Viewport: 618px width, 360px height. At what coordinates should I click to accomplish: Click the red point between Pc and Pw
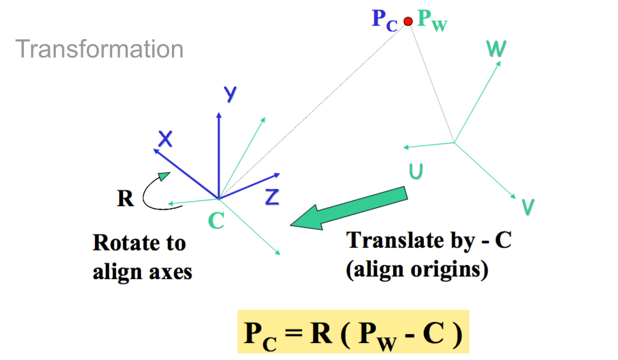[x=408, y=21]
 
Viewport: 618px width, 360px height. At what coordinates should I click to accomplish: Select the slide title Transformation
[x=99, y=49]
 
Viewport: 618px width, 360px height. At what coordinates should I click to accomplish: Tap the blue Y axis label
[x=230, y=94]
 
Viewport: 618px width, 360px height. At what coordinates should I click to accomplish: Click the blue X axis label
[x=165, y=139]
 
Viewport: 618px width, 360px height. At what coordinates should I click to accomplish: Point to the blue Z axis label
[x=272, y=197]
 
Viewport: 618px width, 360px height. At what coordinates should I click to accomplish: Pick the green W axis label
[x=496, y=49]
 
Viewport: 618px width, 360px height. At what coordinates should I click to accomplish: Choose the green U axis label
[x=416, y=171]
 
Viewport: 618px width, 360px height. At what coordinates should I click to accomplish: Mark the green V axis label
[x=528, y=207]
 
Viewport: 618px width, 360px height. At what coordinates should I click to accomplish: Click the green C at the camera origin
[x=216, y=221]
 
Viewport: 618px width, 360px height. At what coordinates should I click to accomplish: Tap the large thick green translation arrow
[x=349, y=208]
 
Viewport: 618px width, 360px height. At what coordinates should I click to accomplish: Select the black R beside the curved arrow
[x=125, y=198]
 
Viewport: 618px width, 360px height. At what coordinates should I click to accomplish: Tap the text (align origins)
[x=417, y=270]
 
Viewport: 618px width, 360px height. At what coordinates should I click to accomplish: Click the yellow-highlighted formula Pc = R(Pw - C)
[x=353, y=332]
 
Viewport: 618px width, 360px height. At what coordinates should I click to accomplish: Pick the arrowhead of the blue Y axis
[x=219, y=115]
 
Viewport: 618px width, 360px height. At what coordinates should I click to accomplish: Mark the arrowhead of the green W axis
[x=499, y=63]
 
